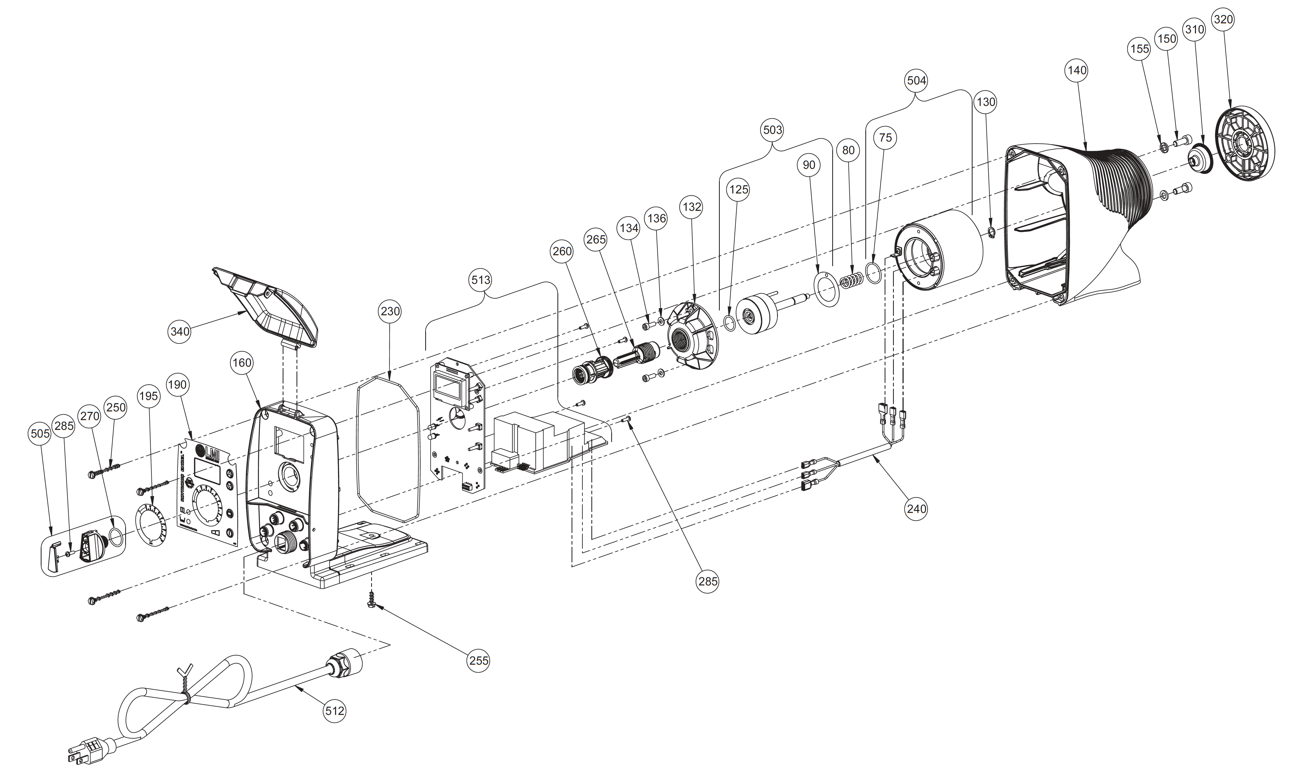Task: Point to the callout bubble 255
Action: point(478,660)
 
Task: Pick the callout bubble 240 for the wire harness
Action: point(916,508)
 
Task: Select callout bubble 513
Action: point(480,280)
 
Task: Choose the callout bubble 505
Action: point(40,433)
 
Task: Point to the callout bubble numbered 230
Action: point(390,311)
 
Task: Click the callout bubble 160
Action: point(242,363)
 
